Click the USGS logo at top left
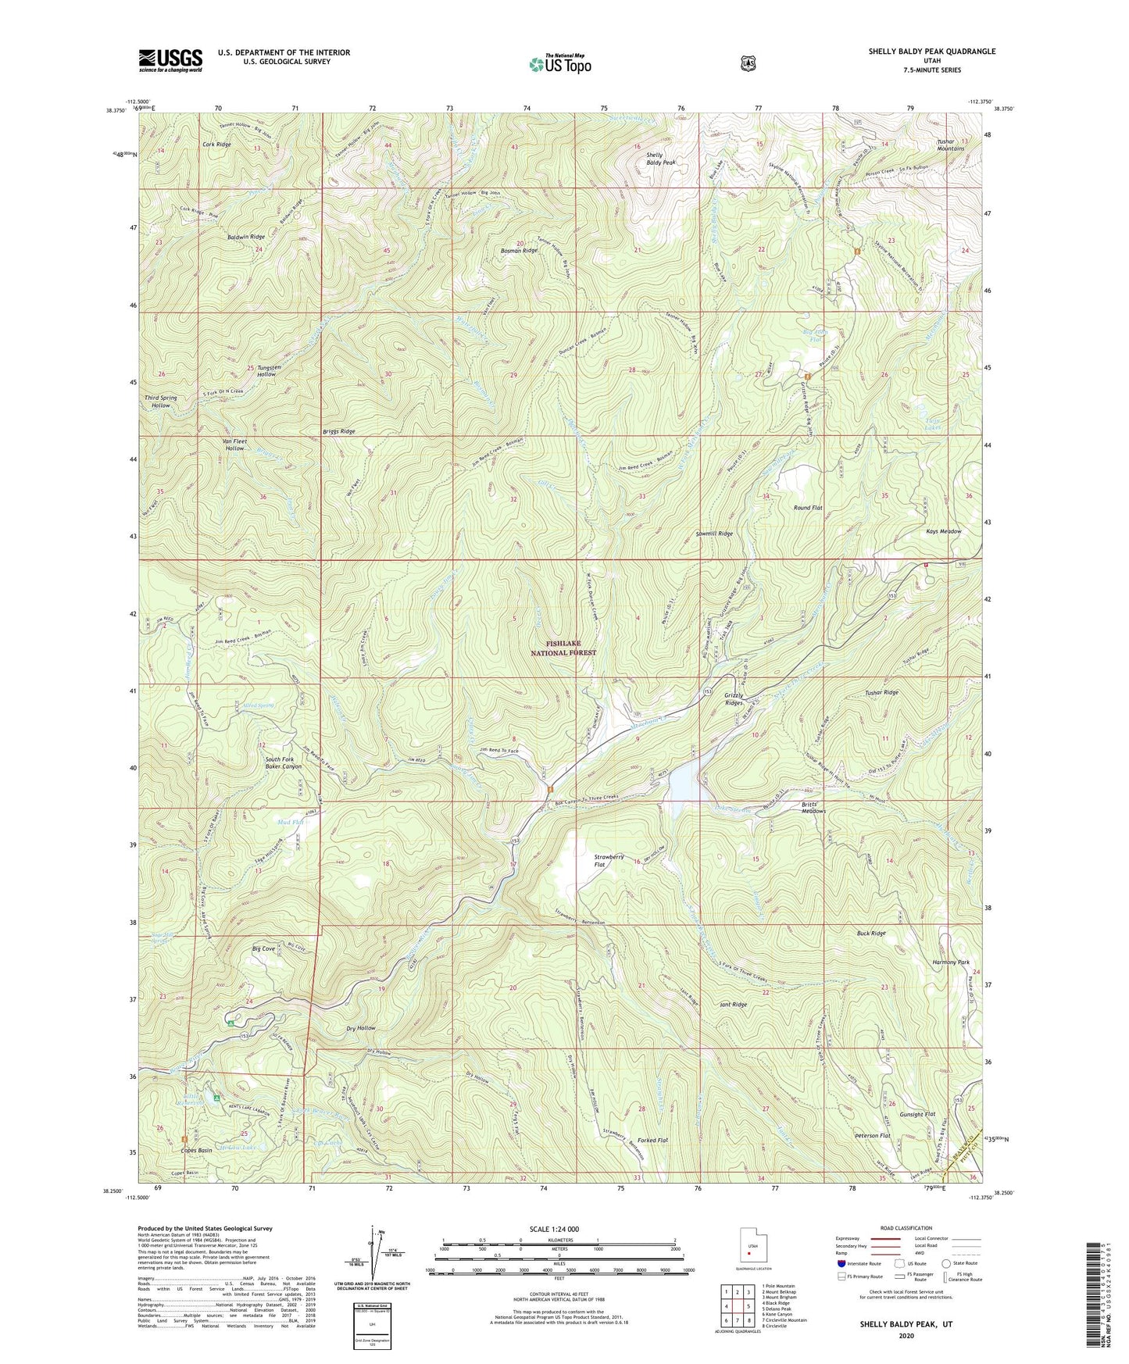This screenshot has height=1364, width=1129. click(x=170, y=60)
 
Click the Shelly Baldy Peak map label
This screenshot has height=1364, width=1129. click(x=659, y=159)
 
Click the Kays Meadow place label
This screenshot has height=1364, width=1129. click(x=943, y=531)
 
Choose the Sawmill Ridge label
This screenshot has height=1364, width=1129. click(x=714, y=534)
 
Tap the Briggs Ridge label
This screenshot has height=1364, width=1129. click(x=338, y=431)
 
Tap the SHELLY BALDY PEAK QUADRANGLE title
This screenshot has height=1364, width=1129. click(x=931, y=52)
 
